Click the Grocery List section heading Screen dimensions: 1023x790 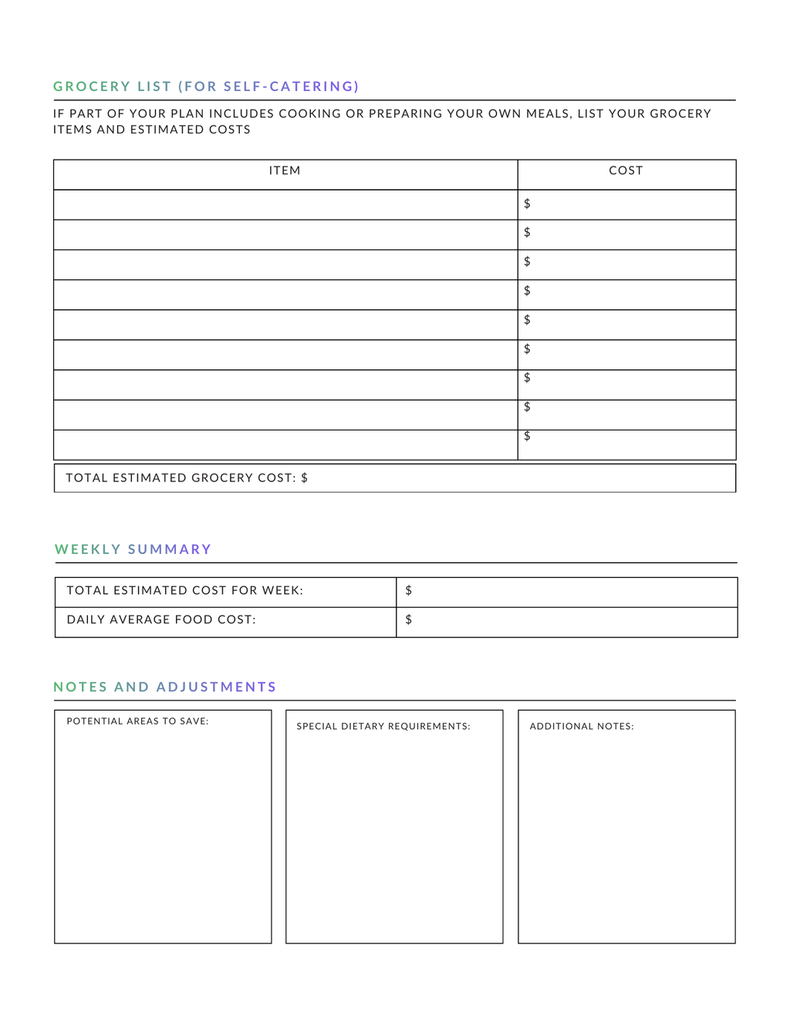[206, 86]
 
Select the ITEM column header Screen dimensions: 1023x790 [285, 170]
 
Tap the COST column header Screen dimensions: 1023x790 [626, 170]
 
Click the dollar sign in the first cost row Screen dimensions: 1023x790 [527, 204]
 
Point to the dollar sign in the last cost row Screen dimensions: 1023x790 [527, 436]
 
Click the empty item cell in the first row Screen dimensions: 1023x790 [285, 204]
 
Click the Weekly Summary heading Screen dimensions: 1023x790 [133, 549]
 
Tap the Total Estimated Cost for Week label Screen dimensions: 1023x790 [185, 591]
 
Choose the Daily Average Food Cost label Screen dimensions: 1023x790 [161, 620]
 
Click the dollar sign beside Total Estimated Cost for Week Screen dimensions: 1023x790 [409, 591]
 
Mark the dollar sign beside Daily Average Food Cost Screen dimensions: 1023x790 [409, 620]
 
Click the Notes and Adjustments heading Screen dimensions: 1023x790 [165, 687]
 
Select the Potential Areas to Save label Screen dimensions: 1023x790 [137, 721]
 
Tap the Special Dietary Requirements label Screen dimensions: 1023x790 [383, 727]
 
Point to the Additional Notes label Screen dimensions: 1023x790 [582, 727]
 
